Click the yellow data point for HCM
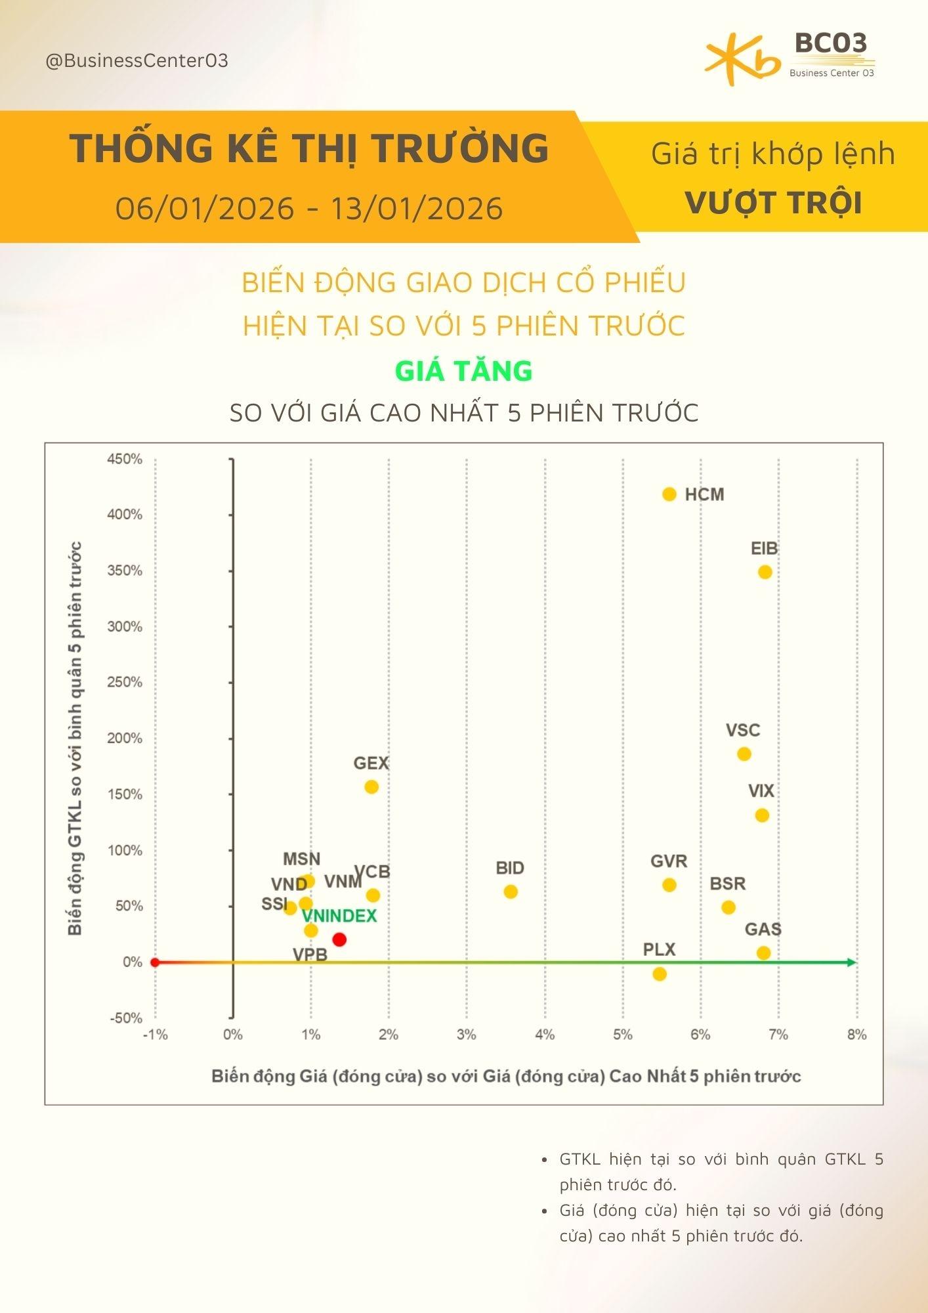[x=669, y=494]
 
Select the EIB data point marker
[x=765, y=572]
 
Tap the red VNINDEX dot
[x=339, y=939]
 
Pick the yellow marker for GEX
[x=371, y=786]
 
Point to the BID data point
[x=511, y=892]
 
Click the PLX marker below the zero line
[x=660, y=974]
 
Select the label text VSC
[x=743, y=730]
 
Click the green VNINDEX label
[x=339, y=916]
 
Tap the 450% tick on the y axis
[x=125, y=459]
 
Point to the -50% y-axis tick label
[x=125, y=1018]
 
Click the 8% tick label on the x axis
[x=856, y=1035]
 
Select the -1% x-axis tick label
[x=155, y=1035]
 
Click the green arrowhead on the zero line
[x=852, y=962]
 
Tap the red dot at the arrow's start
[x=155, y=962]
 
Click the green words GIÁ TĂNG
[x=463, y=371]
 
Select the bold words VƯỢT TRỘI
[x=773, y=203]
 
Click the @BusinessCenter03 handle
[x=137, y=61]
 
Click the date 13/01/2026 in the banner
[x=417, y=209]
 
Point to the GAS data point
[x=763, y=953]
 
